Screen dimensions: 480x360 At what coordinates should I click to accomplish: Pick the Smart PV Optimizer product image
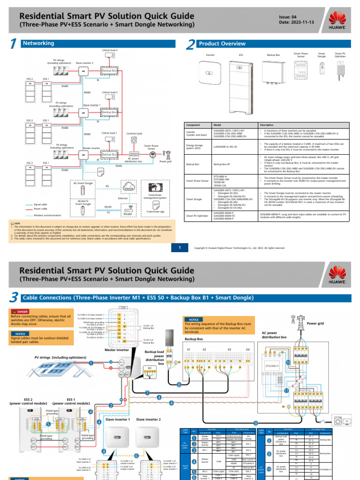(x=339, y=70)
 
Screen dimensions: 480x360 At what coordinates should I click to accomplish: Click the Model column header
(x=217, y=125)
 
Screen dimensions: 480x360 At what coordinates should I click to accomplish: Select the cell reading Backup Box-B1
(x=222, y=165)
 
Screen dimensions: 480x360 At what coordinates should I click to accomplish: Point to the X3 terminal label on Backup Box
(x=229, y=349)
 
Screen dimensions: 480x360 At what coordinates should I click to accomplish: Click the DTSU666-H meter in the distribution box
(x=272, y=365)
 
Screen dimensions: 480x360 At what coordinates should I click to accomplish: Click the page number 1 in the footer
(x=180, y=247)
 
